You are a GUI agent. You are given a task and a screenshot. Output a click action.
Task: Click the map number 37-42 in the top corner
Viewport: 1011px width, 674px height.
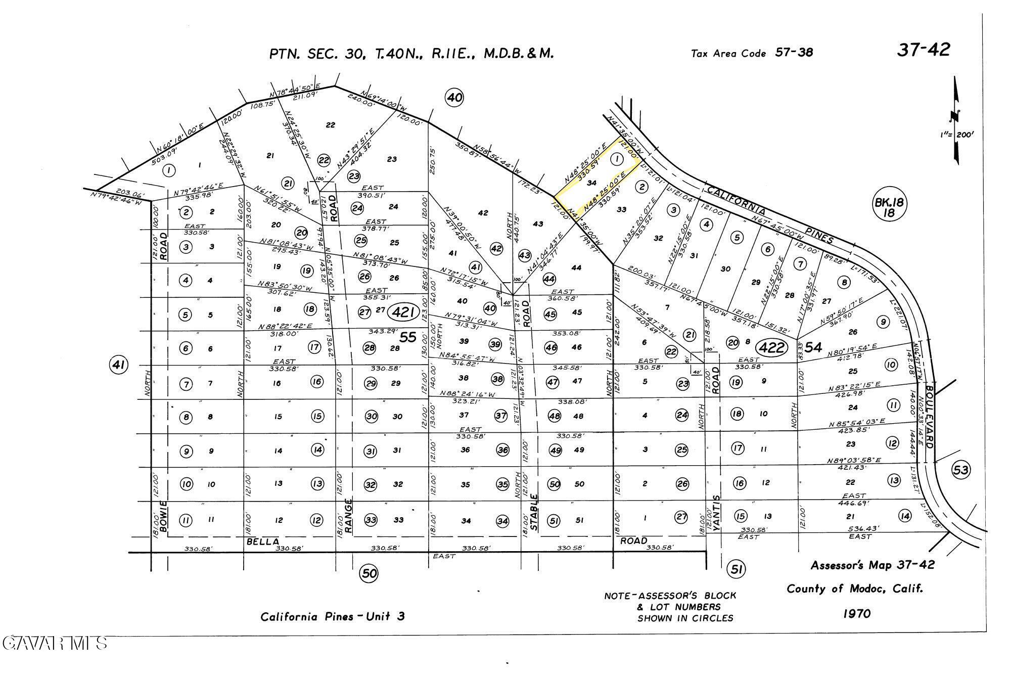[923, 50]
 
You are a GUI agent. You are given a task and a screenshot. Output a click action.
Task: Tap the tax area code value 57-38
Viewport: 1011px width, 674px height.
[794, 53]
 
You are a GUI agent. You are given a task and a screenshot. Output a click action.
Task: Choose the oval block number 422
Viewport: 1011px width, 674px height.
[772, 347]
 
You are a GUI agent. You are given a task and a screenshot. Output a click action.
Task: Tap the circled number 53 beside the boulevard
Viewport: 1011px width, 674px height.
[960, 470]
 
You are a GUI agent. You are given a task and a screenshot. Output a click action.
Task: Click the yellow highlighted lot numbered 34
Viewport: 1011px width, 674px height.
[592, 183]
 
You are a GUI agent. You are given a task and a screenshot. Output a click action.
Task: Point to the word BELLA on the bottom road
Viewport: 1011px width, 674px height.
[262, 542]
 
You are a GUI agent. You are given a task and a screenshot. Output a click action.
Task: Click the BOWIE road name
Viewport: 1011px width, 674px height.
[163, 516]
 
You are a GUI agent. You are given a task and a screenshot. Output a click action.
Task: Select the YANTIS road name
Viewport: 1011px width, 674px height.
[716, 516]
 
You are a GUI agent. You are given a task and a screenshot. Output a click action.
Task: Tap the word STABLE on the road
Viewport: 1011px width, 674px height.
[535, 514]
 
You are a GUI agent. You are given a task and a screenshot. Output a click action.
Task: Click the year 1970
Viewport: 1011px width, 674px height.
[857, 613]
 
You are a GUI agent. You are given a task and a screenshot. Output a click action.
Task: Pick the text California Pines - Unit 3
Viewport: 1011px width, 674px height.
[333, 616]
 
